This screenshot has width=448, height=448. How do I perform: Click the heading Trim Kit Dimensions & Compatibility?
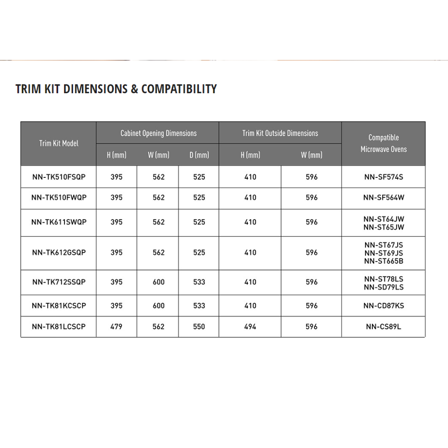[x=116, y=89]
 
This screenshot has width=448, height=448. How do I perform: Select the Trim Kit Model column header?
[x=58, y=143]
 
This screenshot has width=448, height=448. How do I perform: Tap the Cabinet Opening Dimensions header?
[x=158, y=133]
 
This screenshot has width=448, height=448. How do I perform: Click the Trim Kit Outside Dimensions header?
[x=280, y=133]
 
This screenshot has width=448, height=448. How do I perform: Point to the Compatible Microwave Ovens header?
[x=383, y=143]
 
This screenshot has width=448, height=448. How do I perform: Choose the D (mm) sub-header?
[x=199, y=155]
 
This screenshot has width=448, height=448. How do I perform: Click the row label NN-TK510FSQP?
[x=58, y=177]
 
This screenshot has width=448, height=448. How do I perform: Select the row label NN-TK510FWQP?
[x=58, y=197]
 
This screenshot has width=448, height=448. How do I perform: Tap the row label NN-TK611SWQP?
[x=58, y=222]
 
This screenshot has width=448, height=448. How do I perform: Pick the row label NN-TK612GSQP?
[x=58, y=252]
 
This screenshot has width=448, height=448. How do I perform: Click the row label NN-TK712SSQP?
[x=58, y=282]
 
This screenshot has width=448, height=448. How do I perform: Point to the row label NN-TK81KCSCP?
[x=58, y=306]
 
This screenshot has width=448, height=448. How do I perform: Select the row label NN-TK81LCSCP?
[x=58, y=327]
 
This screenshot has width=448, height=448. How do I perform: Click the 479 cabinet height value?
[x=116, y=327]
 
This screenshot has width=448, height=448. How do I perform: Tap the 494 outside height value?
[x=250, y=327]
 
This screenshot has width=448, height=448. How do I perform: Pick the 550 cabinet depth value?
[x=199, y=327]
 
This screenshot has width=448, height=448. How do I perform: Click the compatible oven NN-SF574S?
[x=383, y=177]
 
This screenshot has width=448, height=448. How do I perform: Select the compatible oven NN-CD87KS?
[x=383, y=306]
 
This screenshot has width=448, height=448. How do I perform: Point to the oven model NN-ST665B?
[x=383, y=261]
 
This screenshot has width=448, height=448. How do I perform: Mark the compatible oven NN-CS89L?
[x=383, y=327]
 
